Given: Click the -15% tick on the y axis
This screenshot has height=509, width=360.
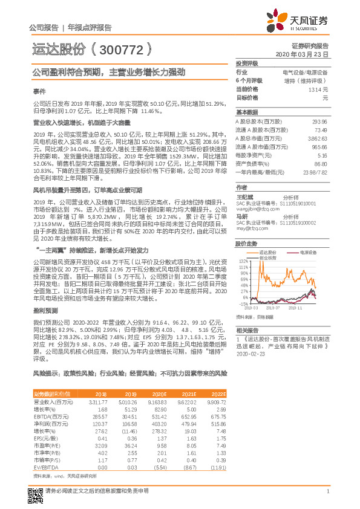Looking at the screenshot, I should coord(243,304).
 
